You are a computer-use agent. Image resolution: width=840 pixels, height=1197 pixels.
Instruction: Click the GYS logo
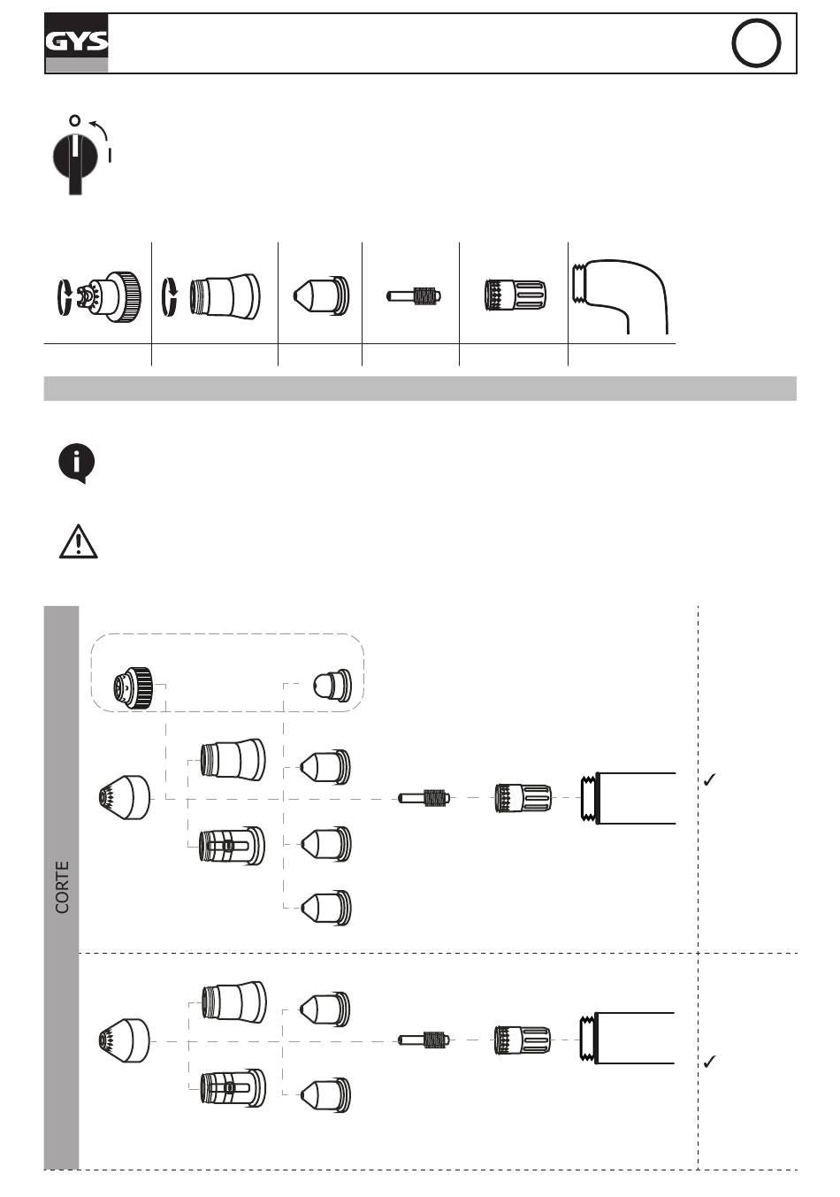77,42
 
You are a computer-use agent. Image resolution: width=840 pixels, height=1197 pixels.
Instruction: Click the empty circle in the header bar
756,43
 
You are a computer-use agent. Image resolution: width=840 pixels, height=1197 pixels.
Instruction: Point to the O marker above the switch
74,119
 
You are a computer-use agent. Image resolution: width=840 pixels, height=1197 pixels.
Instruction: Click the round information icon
77,463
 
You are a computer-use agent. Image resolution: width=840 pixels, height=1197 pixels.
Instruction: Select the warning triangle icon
78,541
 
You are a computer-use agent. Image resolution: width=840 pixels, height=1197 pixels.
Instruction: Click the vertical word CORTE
62,886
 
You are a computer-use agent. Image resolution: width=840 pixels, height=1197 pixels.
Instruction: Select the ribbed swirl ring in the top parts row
515,295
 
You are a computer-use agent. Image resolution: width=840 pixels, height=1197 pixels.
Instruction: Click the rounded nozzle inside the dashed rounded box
332,686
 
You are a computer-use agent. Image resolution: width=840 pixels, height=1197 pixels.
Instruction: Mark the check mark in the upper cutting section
709,780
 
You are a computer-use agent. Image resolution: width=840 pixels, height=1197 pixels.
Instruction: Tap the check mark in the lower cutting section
709,1062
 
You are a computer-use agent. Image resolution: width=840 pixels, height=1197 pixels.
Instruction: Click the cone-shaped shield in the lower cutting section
125,1041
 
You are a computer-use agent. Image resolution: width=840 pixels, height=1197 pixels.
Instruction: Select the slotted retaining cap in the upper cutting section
233,846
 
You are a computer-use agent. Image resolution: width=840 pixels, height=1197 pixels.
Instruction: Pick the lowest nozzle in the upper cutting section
325,908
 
